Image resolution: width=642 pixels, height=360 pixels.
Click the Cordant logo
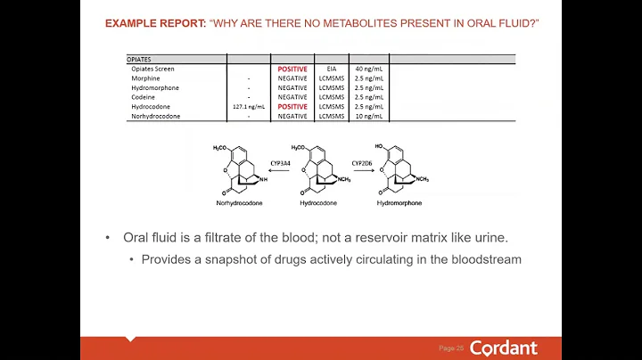[x=503, y=348]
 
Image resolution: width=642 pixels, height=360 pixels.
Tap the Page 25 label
[x=451, y=348]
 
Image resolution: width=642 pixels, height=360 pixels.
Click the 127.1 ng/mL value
[x=250, y=107]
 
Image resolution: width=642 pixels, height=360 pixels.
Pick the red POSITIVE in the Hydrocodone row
[x=292, y=107]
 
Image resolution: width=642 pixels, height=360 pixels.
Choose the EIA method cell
[x=331, y=69]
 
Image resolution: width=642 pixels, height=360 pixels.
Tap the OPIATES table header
[x=139, y=60]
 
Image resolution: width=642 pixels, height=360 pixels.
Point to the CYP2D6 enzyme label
[x=362, y=164]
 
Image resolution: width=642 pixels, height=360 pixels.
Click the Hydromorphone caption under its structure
[x=400, y=203]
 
